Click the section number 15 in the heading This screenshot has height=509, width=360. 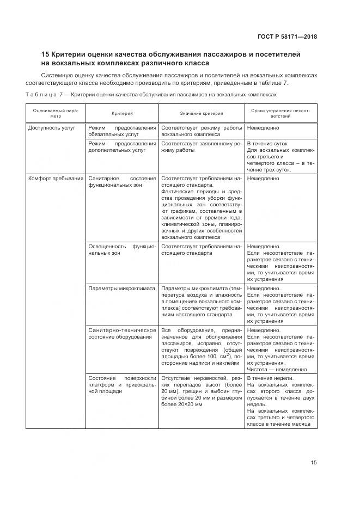point(46,54)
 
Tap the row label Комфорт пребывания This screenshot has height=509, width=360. point(56,178)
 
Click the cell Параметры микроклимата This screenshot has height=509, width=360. point(121,288)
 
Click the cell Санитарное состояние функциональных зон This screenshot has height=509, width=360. point(122,181)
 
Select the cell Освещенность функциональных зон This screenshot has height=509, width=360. point(122,249)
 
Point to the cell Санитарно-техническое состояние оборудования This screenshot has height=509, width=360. point(122,333)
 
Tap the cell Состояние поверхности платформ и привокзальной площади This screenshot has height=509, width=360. point(122,385)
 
